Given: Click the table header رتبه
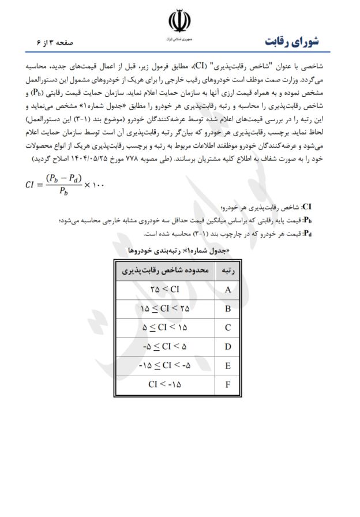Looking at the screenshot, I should point(227,271).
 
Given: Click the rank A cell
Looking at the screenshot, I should point(227,290).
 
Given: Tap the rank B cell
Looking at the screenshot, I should point(227,309).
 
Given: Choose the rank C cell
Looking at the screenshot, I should point(227,328).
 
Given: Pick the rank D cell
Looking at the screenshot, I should point(227,347).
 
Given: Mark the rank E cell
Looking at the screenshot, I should point(227,366).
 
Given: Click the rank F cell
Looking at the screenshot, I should point(227,384).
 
